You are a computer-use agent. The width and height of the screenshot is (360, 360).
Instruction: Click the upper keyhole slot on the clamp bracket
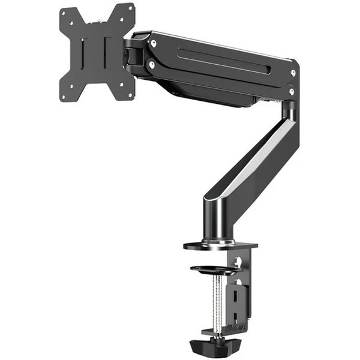click(x=238, y=262)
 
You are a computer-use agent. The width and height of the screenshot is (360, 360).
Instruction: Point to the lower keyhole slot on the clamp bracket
click(x=238, y=282)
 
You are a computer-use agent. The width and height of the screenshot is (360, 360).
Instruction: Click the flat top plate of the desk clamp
click(x=220, y=245)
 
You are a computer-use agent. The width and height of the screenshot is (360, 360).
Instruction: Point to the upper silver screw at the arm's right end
click(x=292, y=72)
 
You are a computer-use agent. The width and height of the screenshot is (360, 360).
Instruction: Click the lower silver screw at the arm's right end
click(x=292, y=91)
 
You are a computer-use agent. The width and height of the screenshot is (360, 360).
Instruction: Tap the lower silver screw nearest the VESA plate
click(x=151, y=63)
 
